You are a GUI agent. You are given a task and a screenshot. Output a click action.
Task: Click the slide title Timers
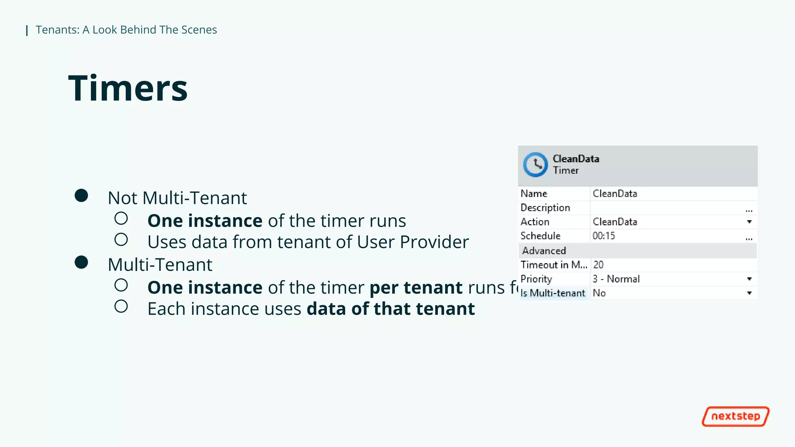(128, 88)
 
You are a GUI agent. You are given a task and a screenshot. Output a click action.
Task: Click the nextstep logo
(735, 416)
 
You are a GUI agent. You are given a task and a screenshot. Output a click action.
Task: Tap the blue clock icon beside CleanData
(535, 165)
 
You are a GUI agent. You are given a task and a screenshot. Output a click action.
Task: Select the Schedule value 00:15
(604, 236)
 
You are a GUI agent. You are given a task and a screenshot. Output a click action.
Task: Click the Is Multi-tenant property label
(552, 293)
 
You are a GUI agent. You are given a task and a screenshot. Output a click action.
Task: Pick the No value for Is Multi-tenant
(599, 293)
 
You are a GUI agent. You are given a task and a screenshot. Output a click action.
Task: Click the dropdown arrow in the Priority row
(749, 279)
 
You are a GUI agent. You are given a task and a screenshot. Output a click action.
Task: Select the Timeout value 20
(598, 265)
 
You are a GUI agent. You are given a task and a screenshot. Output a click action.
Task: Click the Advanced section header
(544, 251)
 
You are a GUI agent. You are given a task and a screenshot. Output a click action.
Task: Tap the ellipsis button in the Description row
(749, 210)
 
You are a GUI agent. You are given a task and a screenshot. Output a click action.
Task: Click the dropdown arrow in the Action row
(749, 222)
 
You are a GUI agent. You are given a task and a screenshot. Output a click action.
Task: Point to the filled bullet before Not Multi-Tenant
(82, 196)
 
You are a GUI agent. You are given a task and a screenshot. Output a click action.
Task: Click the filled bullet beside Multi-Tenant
(82, 262)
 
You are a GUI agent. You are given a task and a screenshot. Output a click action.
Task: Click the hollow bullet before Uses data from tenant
(121, 240)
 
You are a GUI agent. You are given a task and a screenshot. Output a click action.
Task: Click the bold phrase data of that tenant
(391, 309)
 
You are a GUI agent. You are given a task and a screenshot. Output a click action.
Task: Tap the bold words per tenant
(416, 288)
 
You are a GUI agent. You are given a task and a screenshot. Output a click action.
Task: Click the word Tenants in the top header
(57, 30)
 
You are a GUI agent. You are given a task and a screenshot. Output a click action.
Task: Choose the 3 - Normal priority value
(616, 279)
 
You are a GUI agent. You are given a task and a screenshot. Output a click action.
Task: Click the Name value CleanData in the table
(614, 194)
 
